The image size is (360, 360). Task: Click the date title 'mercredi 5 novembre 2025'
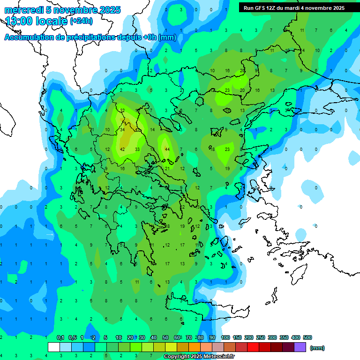tap(62, 10)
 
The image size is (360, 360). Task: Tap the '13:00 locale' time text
tap(36, 21)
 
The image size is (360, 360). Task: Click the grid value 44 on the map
tap(167, 149)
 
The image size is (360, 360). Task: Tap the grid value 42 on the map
tap(122, 149)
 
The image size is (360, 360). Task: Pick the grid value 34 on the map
tap(122, 129)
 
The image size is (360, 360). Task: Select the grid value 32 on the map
tap(122, 110)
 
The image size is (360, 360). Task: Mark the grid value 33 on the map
tap(137, 149)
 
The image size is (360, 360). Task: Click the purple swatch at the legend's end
tap(300, 347)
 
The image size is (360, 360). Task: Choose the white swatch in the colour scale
tap(54, 347)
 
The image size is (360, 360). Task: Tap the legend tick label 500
tap(307, 337)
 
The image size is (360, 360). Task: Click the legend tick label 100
tap(225, 337)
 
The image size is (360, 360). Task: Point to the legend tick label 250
tap(261, 337)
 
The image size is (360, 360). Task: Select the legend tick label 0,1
tap(60, 337)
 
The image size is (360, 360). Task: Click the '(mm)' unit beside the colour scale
tap(317, 348)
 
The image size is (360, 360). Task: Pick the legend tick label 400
tap(296, 337)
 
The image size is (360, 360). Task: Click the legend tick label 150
tap(237, 337)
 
